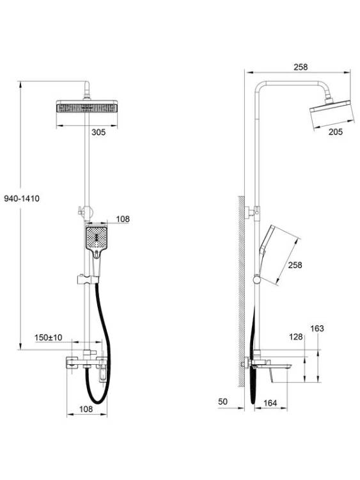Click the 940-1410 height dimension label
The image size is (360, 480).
[22, 198]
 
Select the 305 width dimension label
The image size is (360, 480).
[98, 132]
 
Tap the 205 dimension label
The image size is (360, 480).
[336, 132]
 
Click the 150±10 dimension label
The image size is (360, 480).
[49, 337]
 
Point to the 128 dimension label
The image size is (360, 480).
[296, 337]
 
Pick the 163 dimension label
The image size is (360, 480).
[317, 328]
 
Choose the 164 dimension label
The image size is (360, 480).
[270, 403]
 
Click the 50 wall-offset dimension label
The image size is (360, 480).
[223, 401]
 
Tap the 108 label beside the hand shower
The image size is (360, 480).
[123, 219]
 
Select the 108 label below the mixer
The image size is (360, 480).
[86, 409]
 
